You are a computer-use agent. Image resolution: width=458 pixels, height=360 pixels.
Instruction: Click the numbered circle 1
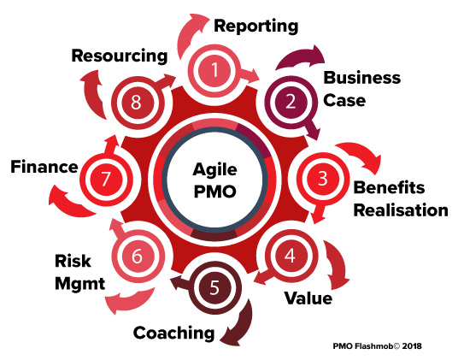(214, 70)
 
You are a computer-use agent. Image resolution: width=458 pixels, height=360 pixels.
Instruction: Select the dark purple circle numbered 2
(291, 102)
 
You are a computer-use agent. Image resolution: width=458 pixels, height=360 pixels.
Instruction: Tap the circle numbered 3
(322, 179)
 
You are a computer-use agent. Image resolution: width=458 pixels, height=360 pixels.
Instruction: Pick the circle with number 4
(290, 256)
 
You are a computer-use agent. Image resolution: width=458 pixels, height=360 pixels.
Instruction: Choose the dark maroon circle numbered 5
(214, 288)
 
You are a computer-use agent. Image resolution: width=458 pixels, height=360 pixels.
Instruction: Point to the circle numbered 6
(137, 257)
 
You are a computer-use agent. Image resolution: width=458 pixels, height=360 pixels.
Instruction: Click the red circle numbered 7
(105, 179)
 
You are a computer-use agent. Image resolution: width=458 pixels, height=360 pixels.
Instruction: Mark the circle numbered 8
(136, 103)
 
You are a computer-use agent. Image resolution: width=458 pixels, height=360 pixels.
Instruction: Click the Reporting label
(256, 27)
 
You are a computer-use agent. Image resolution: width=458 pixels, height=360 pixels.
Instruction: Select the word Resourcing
(120, 56)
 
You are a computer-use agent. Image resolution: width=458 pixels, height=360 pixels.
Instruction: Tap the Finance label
(44, 167)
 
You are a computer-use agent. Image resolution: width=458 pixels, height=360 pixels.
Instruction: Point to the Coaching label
(174, 333)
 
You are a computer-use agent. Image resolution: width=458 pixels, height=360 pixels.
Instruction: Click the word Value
(308, 298)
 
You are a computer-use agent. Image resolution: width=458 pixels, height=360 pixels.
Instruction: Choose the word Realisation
(401, 210)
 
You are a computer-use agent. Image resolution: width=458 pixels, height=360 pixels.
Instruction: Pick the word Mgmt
(80, 283)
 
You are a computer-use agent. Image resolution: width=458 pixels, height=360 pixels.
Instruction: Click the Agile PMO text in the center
(215, 180)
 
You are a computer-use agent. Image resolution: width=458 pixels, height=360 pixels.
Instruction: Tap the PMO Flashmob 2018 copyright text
(378, 346)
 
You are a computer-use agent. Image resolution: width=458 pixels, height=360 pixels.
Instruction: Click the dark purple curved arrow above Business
(301, 57)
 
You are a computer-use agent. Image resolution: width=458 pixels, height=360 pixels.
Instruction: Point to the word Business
(362, 78)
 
